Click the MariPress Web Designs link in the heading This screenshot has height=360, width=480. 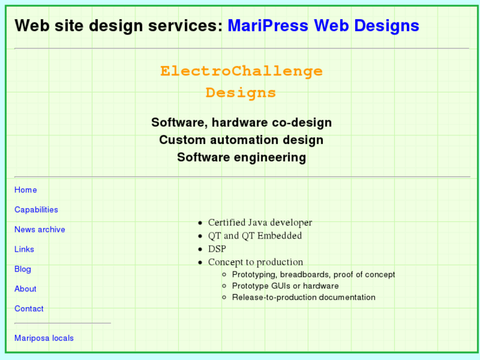point(323,26)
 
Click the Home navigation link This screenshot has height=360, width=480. point(26,190)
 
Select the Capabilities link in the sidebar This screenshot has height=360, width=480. point(36,210)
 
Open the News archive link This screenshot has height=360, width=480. point(40,230)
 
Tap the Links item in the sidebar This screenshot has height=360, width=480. point(24,250)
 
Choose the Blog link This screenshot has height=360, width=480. point(22,270)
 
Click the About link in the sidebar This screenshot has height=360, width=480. point(25,289)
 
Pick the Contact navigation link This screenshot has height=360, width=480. point(29,309)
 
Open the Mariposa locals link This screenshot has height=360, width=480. point(44,338)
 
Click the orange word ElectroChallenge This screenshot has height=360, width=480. point(241,71)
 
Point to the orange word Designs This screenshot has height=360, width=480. point(241,93)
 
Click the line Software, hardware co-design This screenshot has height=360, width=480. point(241,123)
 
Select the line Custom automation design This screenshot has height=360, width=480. point(241,140)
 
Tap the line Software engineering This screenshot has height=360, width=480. point(241,157)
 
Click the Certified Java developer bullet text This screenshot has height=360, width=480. point(259,223)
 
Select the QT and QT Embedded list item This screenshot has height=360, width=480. point(255,236)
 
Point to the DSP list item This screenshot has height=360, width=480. point(217,249)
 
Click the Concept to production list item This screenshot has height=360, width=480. point(256,262)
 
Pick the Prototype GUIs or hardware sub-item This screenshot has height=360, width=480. point(285,286)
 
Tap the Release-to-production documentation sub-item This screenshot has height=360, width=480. point(304,297)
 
